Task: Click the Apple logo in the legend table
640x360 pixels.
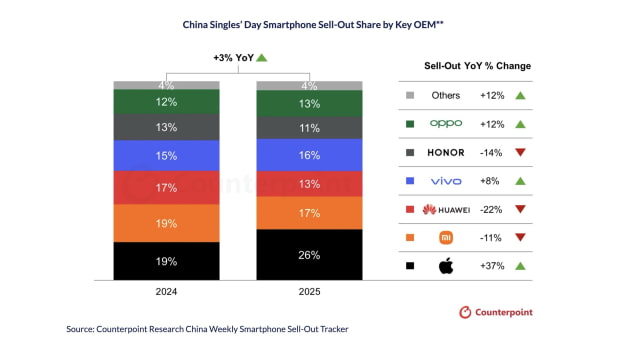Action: pos(446,265)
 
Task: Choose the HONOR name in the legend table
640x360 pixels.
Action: pos(446,152)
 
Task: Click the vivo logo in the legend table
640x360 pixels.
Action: pos(446,181)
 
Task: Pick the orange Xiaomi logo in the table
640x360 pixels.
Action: pos(446,237)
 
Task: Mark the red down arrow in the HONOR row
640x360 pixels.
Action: pos(521,152)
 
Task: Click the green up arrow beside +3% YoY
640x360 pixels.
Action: pos(262,58)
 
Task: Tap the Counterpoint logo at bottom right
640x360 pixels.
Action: pos(495,312)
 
